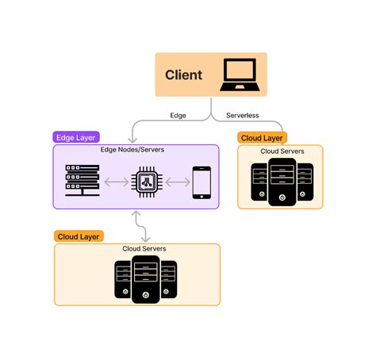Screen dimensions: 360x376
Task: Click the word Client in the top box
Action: coord(183,75)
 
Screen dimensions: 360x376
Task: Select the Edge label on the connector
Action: coord(178,115)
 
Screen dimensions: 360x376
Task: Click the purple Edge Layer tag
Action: coord(76,137)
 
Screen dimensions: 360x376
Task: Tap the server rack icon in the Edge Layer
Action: coord(80,182)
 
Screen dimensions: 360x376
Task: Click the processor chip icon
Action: coord(146,182)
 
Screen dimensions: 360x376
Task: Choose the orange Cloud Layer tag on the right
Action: coord(263,137)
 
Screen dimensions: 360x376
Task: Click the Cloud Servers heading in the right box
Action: coord(282,151)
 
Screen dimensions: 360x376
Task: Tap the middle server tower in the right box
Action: coord(282,182)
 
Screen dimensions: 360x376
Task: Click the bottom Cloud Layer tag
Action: coord(79,236)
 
